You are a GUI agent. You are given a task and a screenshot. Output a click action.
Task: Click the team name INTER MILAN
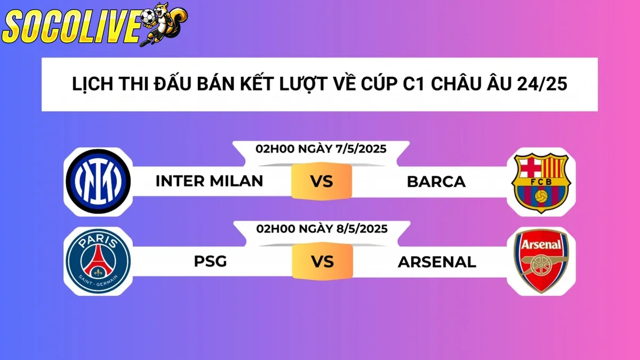coord(209,181)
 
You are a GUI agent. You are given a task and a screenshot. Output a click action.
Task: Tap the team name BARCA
coord(436,182)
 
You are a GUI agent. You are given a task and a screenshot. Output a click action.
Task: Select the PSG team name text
coord(210,262)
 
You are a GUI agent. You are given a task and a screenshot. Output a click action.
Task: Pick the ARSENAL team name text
coord(437,262)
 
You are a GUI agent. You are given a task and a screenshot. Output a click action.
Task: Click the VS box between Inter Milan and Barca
coord(322,181)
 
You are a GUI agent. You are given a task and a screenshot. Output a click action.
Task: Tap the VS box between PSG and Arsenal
coord(322,262)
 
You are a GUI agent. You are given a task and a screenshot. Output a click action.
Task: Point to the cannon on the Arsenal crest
coord(541,265)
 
